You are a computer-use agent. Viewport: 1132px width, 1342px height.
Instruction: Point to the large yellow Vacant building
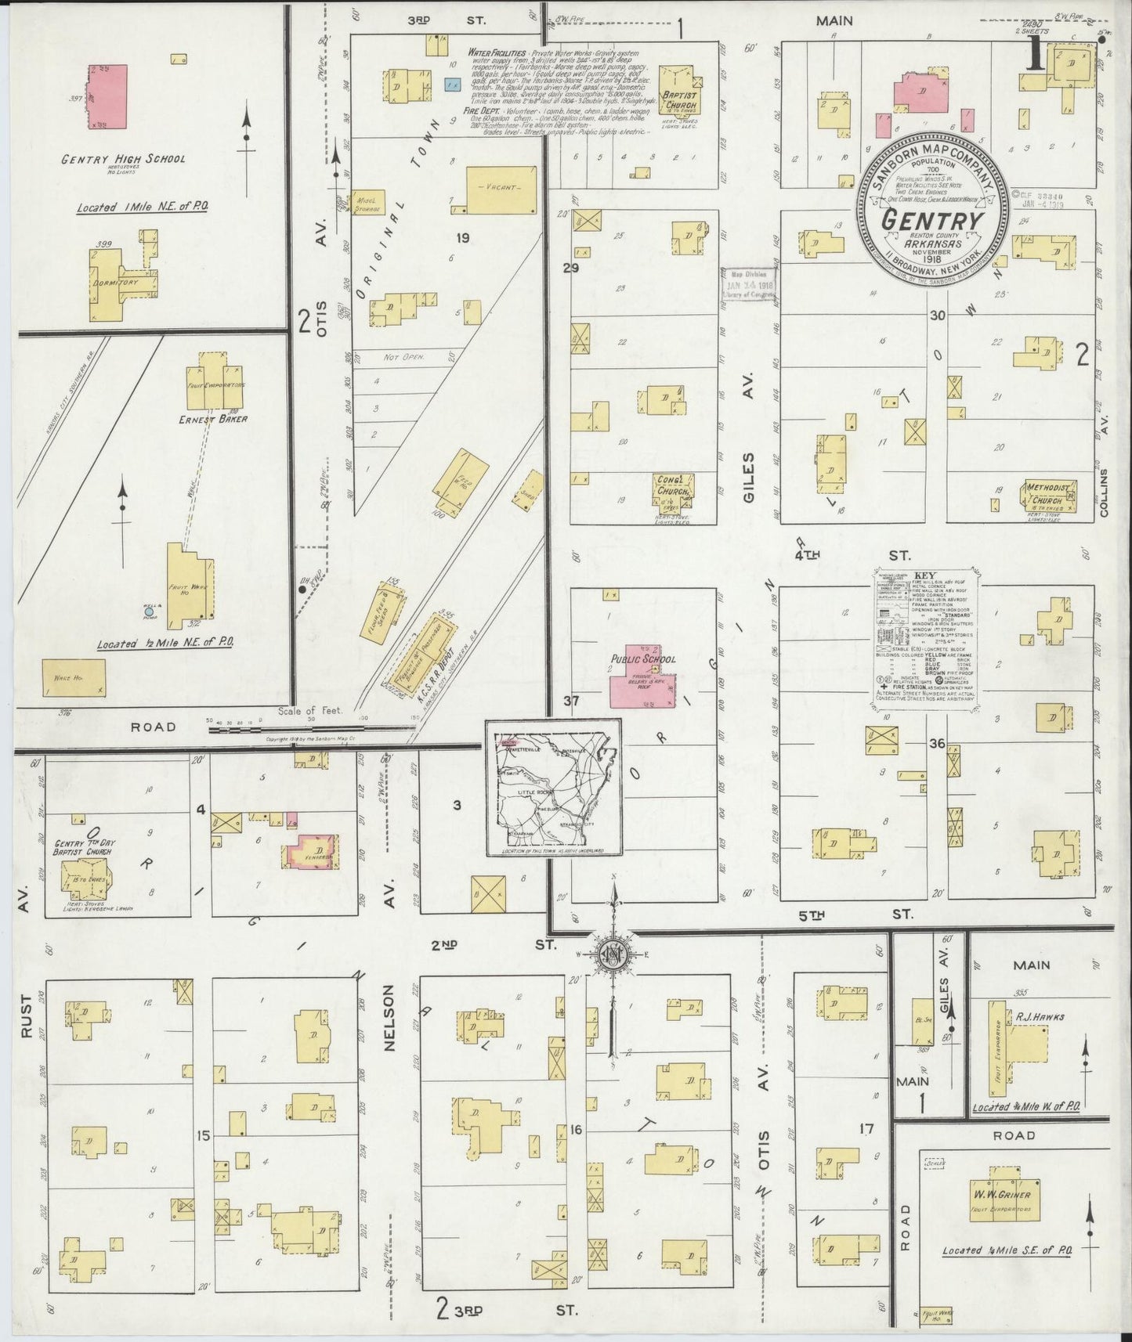(502, 189)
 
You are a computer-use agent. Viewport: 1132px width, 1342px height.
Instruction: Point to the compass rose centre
(613, 954)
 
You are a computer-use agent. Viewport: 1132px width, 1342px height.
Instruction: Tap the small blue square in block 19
(451, 83)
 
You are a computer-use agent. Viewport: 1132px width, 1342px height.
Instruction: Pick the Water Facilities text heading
(496, 52)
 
